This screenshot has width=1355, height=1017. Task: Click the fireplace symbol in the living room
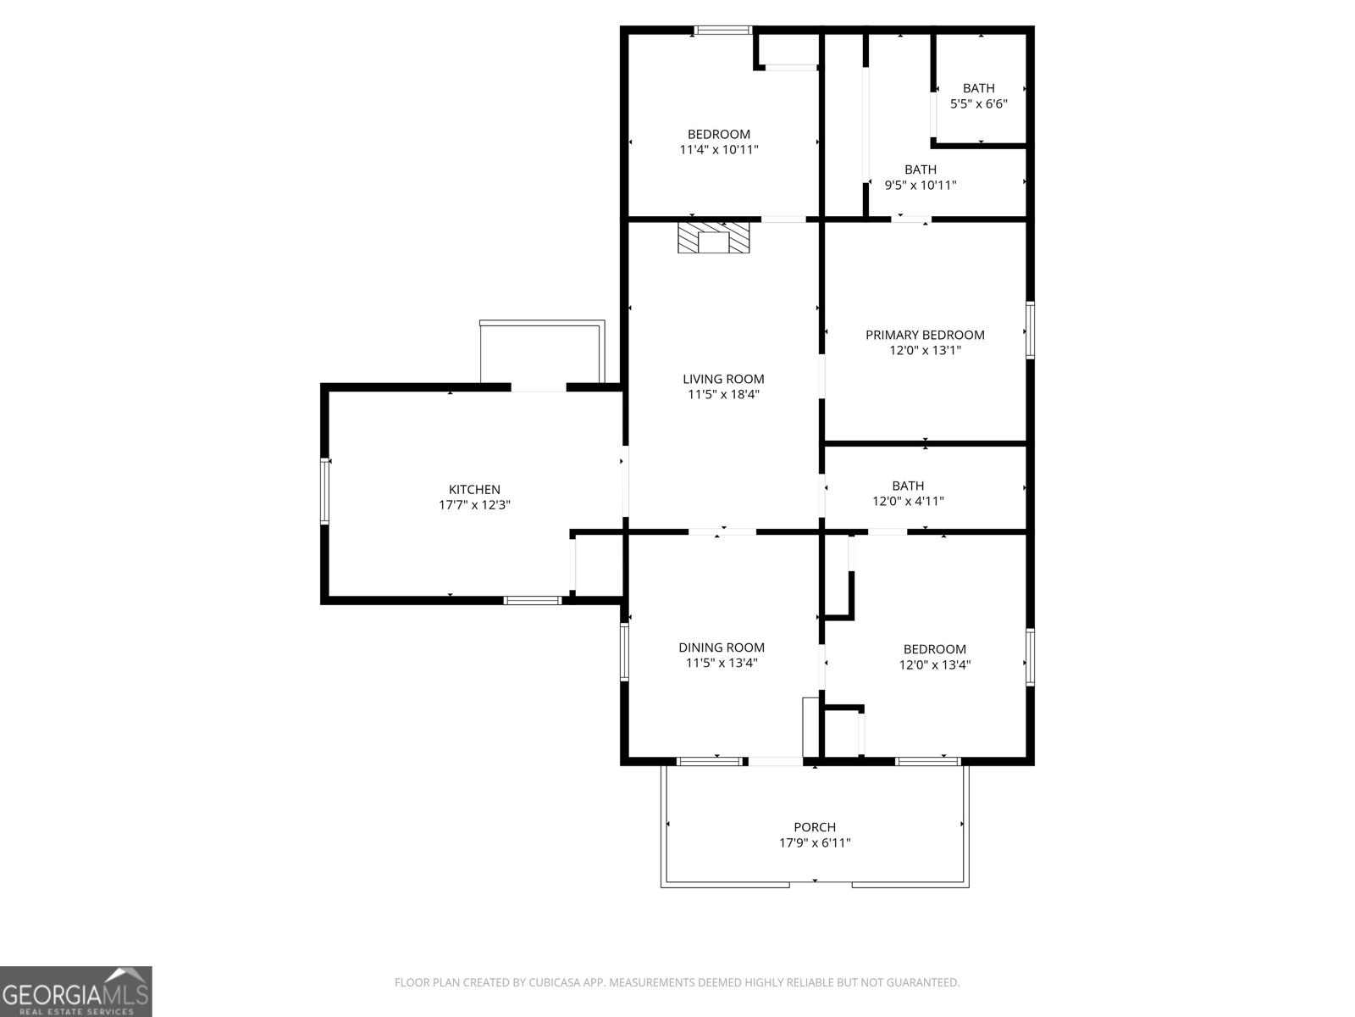coord(714,237)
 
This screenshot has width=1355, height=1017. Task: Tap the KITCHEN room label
coord(474,489)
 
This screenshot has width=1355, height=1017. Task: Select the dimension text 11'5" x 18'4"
coord(723,394)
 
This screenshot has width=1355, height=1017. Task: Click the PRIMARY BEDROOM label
coord(925,335)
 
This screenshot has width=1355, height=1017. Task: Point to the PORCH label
coord(815,827)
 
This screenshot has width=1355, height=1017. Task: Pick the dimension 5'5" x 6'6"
coord(978,103)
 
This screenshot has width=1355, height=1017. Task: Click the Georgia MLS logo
coord(76,991)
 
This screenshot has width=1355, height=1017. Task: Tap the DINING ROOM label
coord(722,647)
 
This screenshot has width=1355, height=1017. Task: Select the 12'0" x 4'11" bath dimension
coord(908,501)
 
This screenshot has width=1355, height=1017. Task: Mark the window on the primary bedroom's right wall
coord(1030,330)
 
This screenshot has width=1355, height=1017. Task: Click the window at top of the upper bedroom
coord(722,31)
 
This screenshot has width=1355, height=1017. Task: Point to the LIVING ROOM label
coord(723,379)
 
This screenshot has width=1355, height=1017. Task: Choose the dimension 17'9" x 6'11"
coord(815,842)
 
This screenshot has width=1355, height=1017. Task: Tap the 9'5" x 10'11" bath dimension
coord(921,185)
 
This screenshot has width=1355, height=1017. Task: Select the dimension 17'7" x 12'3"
coord(474,504)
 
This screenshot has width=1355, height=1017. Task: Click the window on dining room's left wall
coord(624,652)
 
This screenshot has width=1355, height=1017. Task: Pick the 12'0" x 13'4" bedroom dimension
coord(934,664)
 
